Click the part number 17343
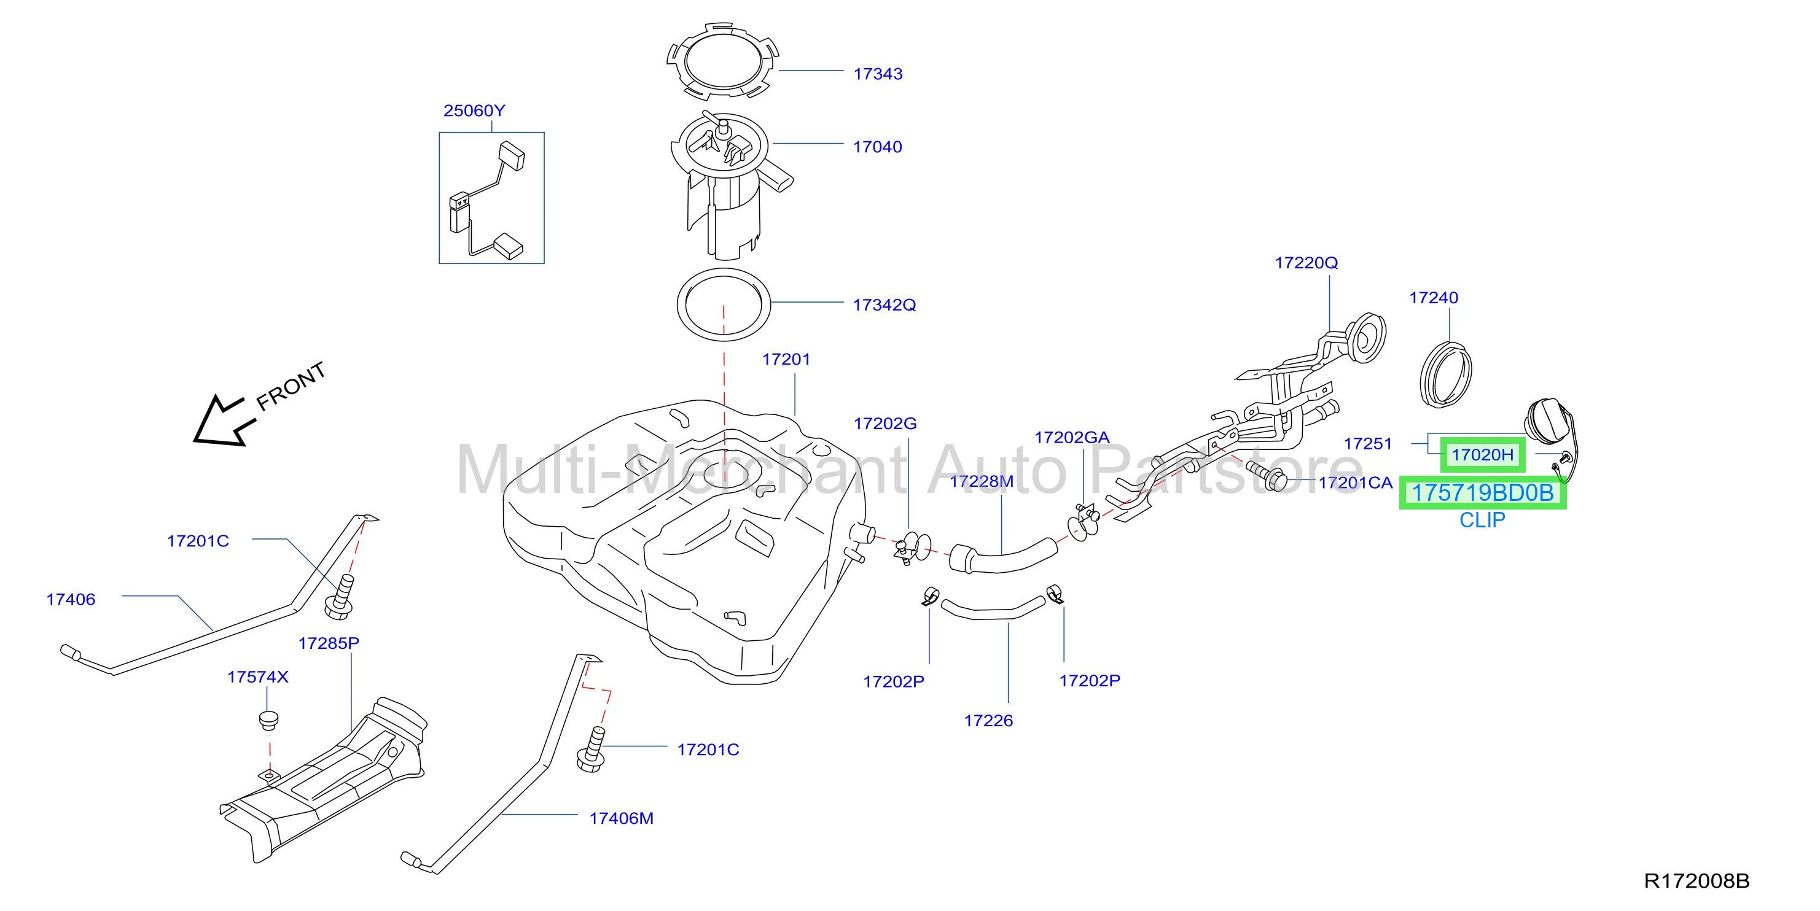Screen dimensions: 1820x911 click(x=878, y=74)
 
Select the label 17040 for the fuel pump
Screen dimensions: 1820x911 click(x=878, y=147)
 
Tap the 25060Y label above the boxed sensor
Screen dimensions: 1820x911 click(x=474, y=111)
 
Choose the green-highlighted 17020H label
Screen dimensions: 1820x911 click(x=1482, y=455)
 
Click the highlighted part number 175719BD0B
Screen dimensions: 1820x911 click(x=1482, y=492)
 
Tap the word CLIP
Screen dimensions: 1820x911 click(x=1482, y=521)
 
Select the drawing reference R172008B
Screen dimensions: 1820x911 click(x=1697, y=881)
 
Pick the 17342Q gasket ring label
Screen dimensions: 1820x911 click(x=884, y=305)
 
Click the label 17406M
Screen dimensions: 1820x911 click(x=621, y=818)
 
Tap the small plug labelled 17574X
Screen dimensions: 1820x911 click(x=268, y=722)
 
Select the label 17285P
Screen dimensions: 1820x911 click(x=329, y=643)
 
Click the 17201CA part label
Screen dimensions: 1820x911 click(x=1355, y=483)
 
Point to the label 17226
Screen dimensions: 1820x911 click(x=988, y=721)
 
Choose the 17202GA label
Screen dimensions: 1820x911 click(x=1072, y=438)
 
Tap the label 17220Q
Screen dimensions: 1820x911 click(x=1306, y=263)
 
